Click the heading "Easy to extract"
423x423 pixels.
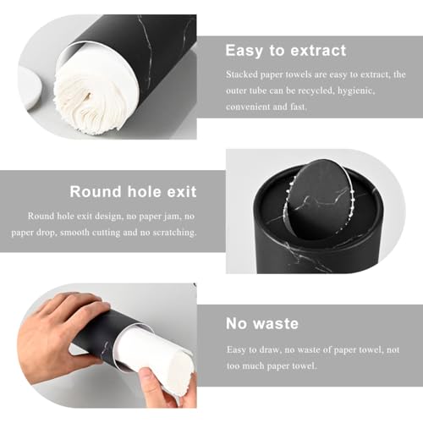click(286, 51)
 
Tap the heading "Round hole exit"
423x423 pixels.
click(133, 192)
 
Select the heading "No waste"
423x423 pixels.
click(262, 323)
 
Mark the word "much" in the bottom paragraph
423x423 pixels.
click(253, 366)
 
